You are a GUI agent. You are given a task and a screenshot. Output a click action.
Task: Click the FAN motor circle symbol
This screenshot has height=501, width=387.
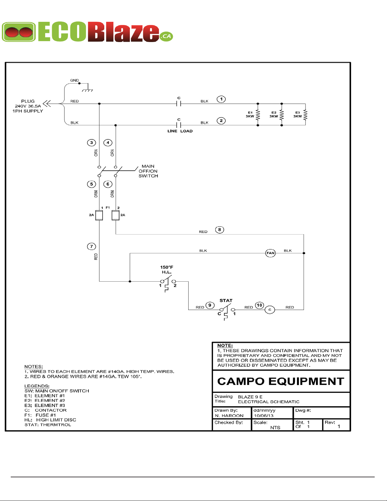point(270,253)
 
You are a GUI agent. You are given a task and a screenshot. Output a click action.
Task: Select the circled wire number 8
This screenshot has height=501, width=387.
point(220,229)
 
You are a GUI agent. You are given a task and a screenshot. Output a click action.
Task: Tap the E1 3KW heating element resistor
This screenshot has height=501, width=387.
point(258,115)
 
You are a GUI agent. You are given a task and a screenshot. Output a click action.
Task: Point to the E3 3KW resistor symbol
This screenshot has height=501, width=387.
point(305,115)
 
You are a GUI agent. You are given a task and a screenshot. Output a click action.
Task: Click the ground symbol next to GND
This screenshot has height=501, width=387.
point(88,88)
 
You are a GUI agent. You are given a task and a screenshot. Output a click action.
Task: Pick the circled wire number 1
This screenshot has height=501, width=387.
point(221,99)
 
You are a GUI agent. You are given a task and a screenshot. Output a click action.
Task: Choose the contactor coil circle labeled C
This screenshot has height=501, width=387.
point(270,310)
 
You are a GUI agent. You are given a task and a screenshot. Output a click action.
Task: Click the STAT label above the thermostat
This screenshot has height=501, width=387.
point(226,300)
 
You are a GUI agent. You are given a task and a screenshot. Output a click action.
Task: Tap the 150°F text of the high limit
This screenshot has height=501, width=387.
point(166,267)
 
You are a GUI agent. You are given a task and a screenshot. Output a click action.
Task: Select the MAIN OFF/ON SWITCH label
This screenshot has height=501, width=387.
point(148,171)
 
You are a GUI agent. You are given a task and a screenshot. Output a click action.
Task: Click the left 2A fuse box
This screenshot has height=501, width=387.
point(99,215)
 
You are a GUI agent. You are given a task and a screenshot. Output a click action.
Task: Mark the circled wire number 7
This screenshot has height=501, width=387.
point(91,247)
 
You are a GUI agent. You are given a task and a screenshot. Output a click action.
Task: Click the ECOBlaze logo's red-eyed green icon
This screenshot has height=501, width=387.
point(19,32)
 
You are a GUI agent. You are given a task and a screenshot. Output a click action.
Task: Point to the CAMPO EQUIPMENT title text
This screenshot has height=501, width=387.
point(281,381)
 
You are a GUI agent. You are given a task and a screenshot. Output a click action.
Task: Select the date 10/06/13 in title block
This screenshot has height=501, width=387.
point(264,415)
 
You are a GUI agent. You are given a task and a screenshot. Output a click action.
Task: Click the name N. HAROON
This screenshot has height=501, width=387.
point(229,415)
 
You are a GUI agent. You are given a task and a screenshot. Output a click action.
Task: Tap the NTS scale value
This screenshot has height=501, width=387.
point(275,427)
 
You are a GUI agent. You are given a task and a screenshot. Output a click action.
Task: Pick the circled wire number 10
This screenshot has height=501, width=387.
point(259,305)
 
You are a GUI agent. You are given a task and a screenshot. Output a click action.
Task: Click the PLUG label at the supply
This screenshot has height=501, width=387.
point(28,101)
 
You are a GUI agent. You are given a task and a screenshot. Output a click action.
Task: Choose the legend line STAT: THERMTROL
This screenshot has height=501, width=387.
point(48,425)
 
